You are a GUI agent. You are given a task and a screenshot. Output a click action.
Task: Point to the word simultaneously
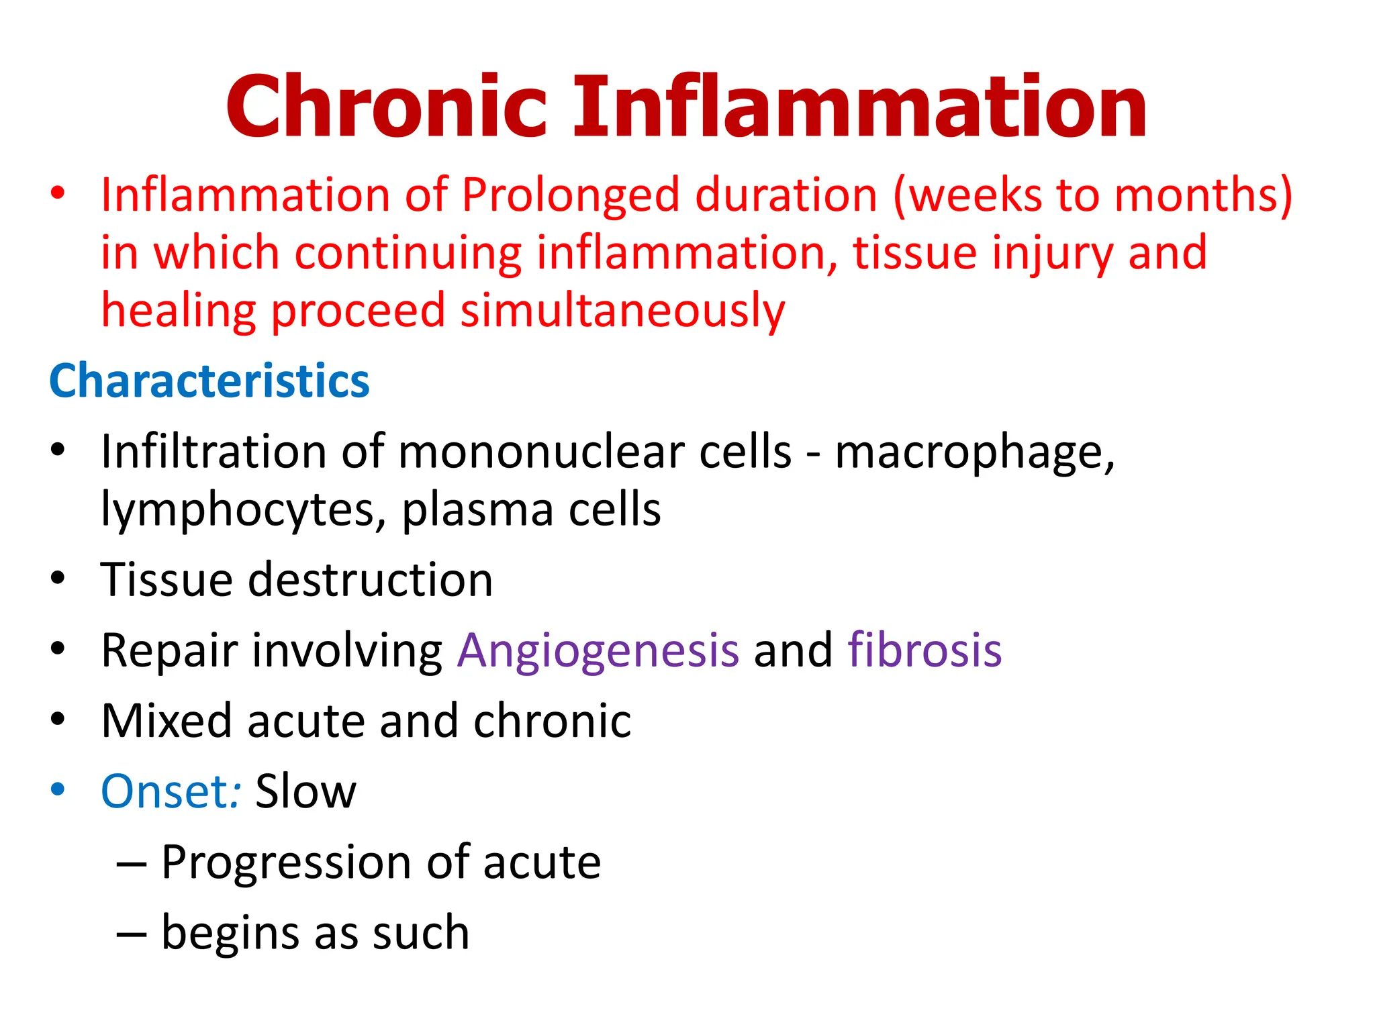(x=622, y=311)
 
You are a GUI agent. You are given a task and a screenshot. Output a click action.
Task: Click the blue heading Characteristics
(x=209, y=381)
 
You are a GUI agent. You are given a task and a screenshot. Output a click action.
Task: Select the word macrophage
(x=974, y=453)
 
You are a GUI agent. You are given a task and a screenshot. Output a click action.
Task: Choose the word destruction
(x=371, y=580)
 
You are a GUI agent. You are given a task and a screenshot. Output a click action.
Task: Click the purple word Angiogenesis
(x=598, y=651)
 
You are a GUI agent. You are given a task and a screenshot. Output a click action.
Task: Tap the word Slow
(x=306, y=792)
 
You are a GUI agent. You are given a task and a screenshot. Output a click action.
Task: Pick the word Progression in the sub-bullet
(x=287, y=863)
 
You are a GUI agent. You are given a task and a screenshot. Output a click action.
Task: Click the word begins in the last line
(x=230, y=934)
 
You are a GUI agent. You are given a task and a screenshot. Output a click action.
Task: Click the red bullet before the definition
(x=58, y=193)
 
